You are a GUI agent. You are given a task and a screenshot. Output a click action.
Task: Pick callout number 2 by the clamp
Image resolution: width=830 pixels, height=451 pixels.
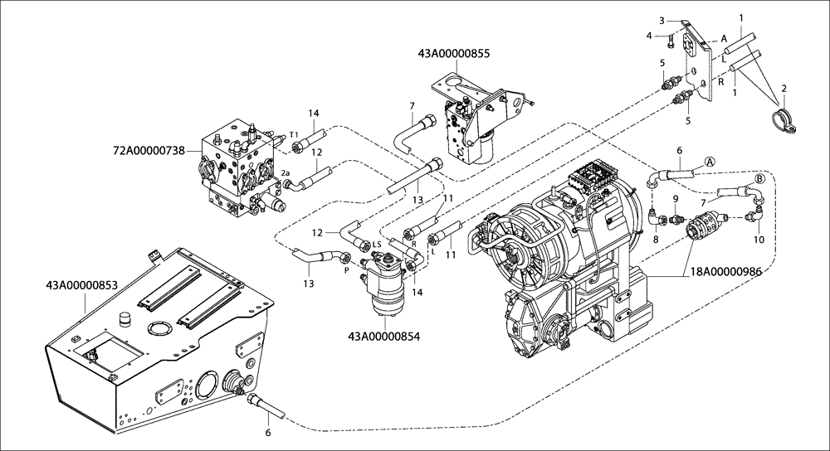pos(784,87)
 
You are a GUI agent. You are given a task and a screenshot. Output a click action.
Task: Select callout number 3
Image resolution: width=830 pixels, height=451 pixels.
pos(662,20)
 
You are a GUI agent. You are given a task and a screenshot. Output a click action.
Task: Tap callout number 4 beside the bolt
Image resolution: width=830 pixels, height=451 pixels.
pos(650,35)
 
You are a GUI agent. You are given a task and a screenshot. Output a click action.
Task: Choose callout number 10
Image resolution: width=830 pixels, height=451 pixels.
pos(758,240)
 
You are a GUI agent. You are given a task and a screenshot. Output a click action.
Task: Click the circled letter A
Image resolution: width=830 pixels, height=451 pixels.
pos(710,161)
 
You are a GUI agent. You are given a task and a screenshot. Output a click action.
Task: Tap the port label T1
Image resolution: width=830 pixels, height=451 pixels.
pos(294,135)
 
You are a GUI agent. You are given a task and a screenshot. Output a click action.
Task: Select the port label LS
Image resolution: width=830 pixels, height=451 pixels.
pos(376,244)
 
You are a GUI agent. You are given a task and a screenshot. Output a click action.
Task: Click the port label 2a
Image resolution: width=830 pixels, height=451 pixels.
pos(286,173)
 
